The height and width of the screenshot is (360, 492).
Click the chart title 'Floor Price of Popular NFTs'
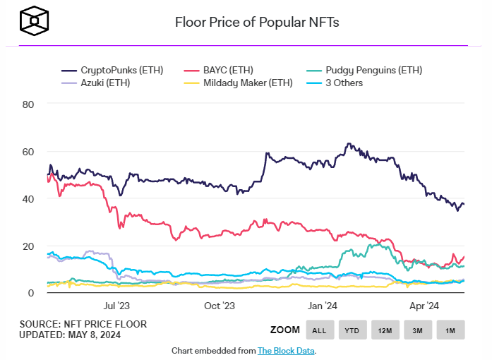pyautogui.click(x=257, y=22)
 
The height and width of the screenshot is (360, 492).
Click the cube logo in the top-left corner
pyautogui.click(x=32, y=21)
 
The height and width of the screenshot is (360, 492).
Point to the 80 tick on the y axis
pyautogui.click(x=30, y=104)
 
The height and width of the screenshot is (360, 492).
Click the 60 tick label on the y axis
pyautogui.click(x=30, y=151)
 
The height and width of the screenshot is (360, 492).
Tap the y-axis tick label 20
pyautogui.click(x=30, y=246)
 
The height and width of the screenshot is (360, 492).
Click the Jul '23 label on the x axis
pyautogui.click(x=116, y=306)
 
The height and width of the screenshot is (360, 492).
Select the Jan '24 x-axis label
pyautogui.click(x=323, y=306)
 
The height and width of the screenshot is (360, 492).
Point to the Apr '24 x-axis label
pyautogui.click(x=425, y=306)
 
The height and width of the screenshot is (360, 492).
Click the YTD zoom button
pyautogui.click(x=352, y=330)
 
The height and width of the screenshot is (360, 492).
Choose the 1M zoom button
pyautogui.click(x=450, y=330)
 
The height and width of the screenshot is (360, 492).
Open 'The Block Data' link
pyautogui.click(x=286, y=350)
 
